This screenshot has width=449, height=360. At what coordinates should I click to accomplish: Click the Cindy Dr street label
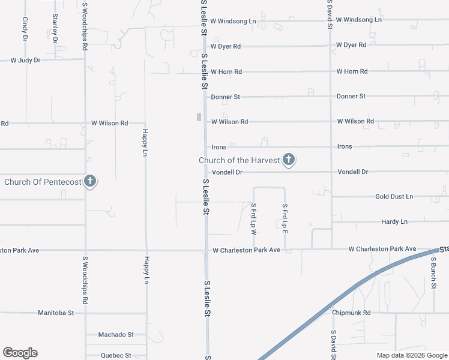[25, 28]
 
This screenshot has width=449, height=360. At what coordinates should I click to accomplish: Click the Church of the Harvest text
[240, 160]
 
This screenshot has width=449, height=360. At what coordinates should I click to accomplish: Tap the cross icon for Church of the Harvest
[289, 160]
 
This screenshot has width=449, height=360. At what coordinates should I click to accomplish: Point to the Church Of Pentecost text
[43, 181]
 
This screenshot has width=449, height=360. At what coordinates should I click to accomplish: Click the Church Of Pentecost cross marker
[90, 181]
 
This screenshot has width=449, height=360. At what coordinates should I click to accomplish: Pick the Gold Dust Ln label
[394, 197]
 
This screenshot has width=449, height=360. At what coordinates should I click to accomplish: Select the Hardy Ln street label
[394, 222]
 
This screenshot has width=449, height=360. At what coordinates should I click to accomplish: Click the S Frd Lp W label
[254, 218]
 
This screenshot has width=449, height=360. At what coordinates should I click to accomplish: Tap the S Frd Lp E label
[285, 218]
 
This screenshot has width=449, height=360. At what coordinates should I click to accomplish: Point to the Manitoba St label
[55, 313]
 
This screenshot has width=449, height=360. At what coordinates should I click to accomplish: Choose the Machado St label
[116, 335]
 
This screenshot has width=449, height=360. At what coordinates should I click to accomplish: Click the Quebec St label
[116, 355]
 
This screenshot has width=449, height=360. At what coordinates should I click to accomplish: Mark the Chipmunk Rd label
[352, 313]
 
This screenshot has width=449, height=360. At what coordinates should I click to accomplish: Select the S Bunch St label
[433, 273]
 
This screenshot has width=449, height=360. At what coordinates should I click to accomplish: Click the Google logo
[20, 353]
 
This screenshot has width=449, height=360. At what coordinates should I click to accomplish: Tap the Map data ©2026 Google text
[411, 355]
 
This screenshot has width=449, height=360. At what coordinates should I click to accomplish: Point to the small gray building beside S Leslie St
[199, 117]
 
